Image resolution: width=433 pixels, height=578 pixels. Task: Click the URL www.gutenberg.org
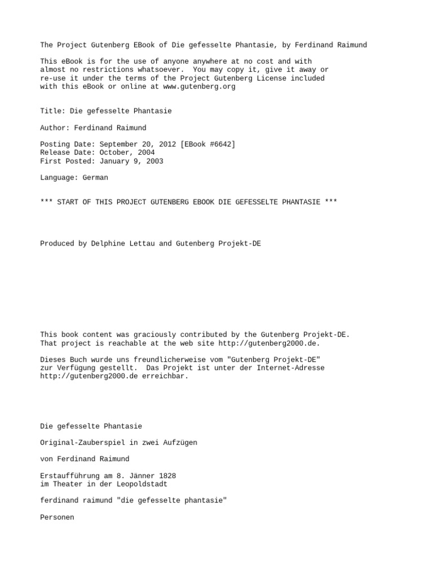(199, 87)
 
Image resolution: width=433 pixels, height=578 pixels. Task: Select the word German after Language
(95, 177)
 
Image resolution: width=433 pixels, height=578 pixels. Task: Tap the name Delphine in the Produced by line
(108, 244)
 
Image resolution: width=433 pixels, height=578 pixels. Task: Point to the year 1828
(174, 475)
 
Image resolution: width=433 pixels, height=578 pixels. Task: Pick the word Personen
(57, 517)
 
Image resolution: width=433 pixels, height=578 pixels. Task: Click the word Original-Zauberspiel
(82, 443)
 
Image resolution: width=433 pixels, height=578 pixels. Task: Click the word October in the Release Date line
(116, 152)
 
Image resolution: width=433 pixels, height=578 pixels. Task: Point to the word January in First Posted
(116, 161)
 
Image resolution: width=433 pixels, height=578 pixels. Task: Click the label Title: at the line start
(53, 111)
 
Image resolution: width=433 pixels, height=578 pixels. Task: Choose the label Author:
(55, 128)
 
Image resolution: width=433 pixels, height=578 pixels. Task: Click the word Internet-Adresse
(290, 368)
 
